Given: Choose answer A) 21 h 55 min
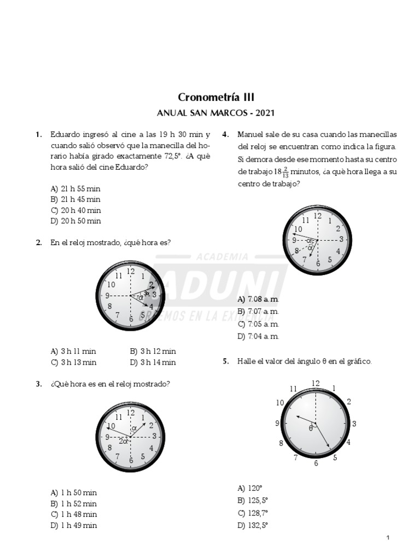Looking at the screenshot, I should pyautogui.click(x=75, y=188).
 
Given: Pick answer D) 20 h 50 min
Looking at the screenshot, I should pyautogui.click(x=75, y=221).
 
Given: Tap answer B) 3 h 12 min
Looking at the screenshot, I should pyautogui.click(x=153, y=351).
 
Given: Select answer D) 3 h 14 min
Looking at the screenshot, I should pyautogui.click(x=153, y=362).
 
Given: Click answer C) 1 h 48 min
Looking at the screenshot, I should pyautogui.click(x=74, y=514).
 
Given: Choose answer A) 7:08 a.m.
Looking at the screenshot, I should pyautogui.click(x=258, y=300).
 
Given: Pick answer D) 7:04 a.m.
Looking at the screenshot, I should pyautogui.click(x=258, y=336).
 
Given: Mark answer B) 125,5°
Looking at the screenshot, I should pyautogui.click(x=253, y=501).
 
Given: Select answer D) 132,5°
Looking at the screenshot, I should pyautogui.click(x=253, y=525).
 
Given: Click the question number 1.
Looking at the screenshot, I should pyautogui.click(x=38, y=134).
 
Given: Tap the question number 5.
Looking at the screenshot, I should pyautogui.click(x=225, y=361).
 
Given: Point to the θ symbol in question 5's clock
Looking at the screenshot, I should pyautogui.click(x=311, y=428).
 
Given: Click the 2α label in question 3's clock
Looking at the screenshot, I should pyautogui.click(x=124, y=441).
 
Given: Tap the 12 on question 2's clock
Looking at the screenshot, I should pyautogui.click(x=131, y=271).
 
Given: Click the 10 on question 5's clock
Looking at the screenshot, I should pyautogui.click(x=280, y=403).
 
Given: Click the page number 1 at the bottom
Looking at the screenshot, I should pyautogui.click(x=388, y=538).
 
